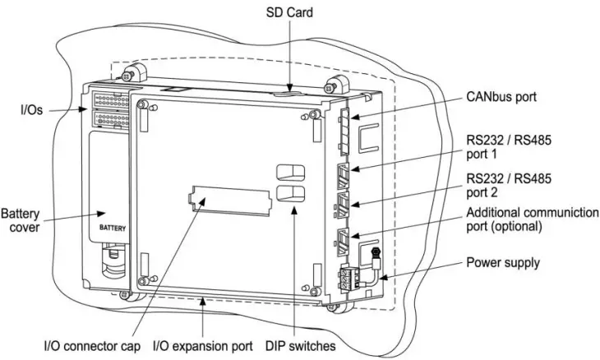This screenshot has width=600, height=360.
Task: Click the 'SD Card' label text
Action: point(288,14)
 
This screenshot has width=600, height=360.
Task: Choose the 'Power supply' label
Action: point(503,263)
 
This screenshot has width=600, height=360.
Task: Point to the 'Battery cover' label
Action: point(21,219)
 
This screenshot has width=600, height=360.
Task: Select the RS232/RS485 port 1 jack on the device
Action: point(344,174)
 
